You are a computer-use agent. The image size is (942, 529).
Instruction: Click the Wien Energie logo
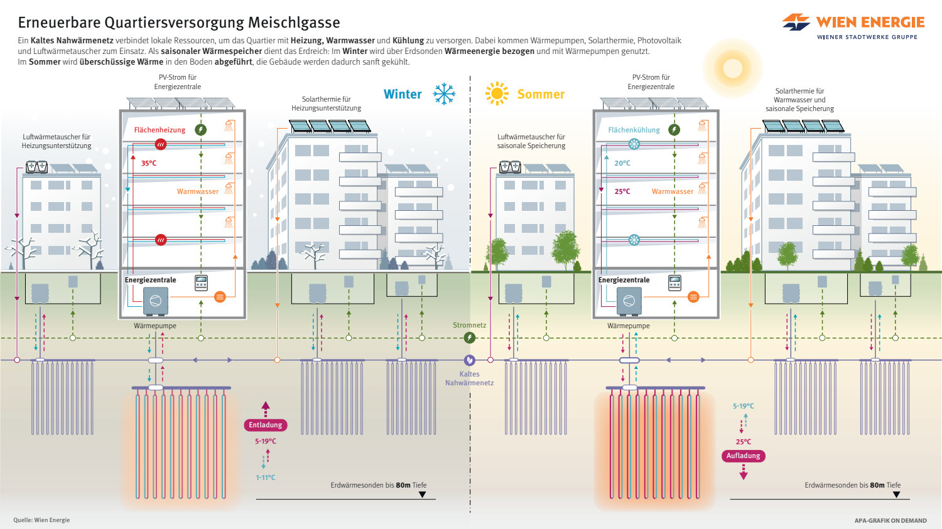(x=853, y=26)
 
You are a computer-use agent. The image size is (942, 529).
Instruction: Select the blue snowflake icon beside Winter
(x=444, y=94)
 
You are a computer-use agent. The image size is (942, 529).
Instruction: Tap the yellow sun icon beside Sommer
(x=496, y=94)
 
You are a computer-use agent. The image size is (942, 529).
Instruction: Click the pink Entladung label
(x=266, y=425)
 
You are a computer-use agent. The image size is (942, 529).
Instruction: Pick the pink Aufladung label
(x=743, y=456)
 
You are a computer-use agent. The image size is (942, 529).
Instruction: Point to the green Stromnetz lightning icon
(x=469, y=338)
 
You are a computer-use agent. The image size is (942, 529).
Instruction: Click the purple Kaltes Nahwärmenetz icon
(x=469, y=360)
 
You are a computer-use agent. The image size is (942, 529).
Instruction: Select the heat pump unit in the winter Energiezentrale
(x=155, y=301)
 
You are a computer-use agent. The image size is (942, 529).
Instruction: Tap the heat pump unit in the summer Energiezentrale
(x=629, y=301)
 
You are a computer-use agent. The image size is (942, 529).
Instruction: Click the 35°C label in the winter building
(x=149, y=163)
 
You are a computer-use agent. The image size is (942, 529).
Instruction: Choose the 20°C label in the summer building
(x=622, y=163)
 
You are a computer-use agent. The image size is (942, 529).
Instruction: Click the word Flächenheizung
(x=160, y=130)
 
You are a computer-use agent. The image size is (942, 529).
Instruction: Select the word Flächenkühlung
(x=634, y=130)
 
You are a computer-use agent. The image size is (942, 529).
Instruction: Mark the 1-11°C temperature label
(x=265, y=478)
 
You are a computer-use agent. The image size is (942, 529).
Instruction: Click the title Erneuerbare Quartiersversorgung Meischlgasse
(x=179, y=23)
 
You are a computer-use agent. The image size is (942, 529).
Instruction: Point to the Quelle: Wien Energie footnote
(x=41, y=520)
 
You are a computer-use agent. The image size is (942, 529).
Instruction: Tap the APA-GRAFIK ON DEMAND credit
(x=890, y=520)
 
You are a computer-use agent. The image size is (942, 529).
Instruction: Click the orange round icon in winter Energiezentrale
(x=220, y=297)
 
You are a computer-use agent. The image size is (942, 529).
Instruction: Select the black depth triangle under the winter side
(x=422, y=494)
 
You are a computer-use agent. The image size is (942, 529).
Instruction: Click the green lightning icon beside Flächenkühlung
(x=674, y=129)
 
